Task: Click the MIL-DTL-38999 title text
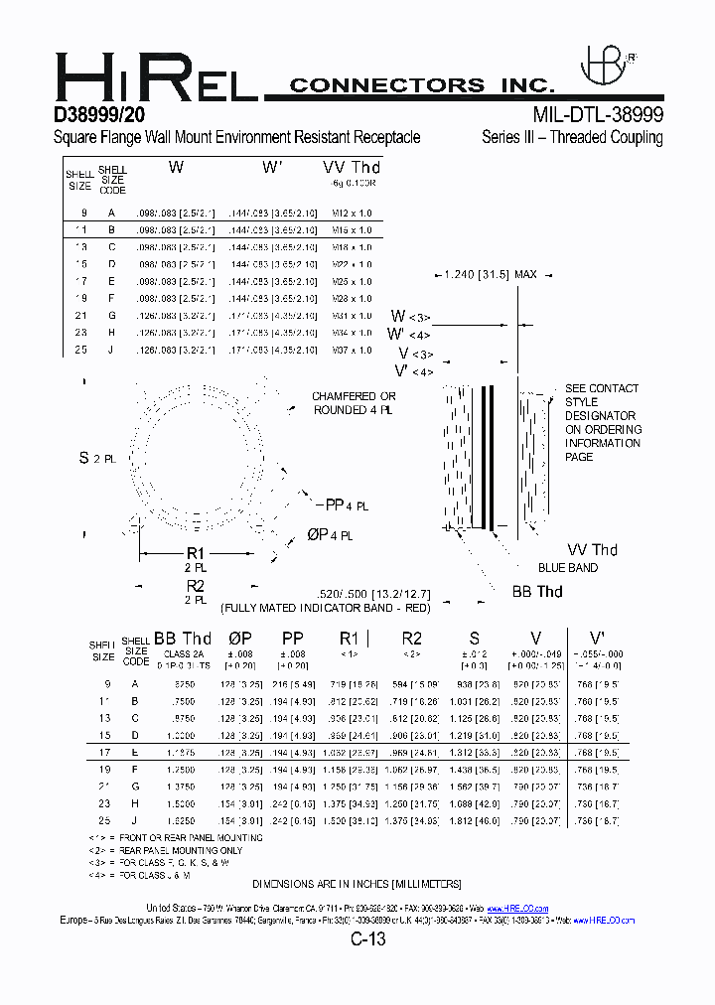[x=598, y=113]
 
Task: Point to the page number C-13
[x=366, y=938]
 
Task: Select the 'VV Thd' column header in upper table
[x=352, y=168]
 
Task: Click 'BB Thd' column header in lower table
[x=183, y=639]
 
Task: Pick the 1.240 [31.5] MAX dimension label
[x=491, y=274]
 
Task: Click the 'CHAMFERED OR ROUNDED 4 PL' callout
[x=354, y=403]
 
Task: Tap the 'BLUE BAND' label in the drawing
[x=567, y=568]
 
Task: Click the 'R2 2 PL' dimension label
[x=195, y=592]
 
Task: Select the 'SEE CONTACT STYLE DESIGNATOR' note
[x=602, y=422]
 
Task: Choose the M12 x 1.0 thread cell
[x=354, y=214]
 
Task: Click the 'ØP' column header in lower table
[x=240, y=639]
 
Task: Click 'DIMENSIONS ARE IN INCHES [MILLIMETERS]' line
[x=357, y=883]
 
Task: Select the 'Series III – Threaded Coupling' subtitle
[x=572, y=137]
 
